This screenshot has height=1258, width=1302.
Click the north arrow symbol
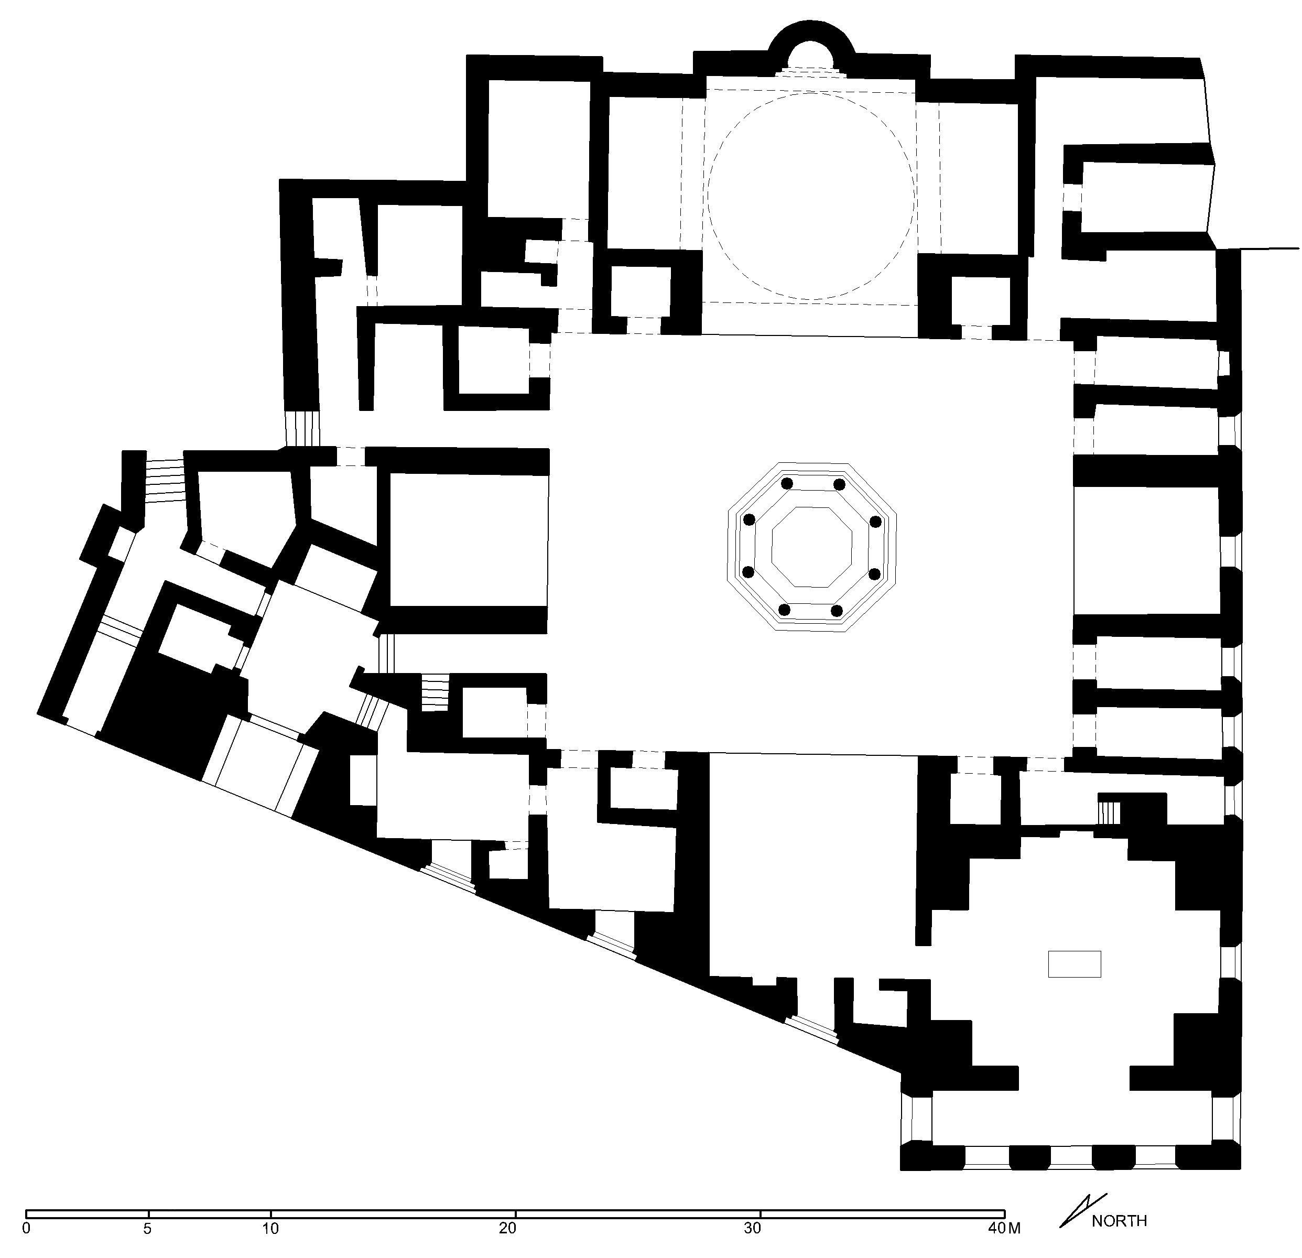pyautogui.click(x=1082, y=1210)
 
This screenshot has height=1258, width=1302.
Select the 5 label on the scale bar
pyautogui.click(x=147, y=1228)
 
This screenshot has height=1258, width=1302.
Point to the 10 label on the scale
pyautogui.click(x=270, y=1228)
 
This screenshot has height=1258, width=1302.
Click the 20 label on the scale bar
pyautogui.click(x=507, y=1228)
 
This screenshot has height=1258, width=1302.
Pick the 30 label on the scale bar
pyautogui.click(x=752, y=1228)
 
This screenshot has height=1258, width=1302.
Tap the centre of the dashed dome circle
pyautogui.click(x=811, y=196)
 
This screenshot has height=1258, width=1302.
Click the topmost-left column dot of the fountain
pyautogui.click(x=787, y=483)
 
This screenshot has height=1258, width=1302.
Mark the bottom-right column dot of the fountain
pyautogui.click(x=837, y=610)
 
